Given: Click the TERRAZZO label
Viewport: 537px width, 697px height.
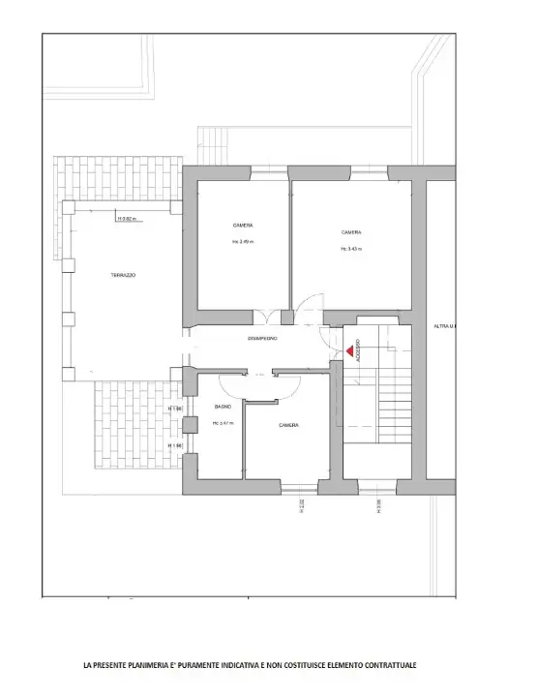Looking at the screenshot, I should click(x=123, y=276).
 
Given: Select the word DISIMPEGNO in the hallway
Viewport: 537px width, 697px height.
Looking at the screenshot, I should click(x=263, y=338).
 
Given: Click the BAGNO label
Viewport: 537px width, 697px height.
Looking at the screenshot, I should click(x=223, y=409).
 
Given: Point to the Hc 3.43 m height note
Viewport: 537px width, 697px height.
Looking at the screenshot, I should click(x=351, y=249).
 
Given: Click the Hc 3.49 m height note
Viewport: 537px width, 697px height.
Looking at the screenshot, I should click(x=243, y=241).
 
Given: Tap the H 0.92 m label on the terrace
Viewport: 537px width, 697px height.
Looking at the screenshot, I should click(x=128, y=219).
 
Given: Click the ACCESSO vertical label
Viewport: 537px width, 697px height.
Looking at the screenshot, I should click(x=357, y=350).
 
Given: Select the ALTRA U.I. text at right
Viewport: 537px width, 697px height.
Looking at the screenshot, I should click(x=446, y=326).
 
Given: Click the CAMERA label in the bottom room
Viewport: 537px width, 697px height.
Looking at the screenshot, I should click(x=288, y=426).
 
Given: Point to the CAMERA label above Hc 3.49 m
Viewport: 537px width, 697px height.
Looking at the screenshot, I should click(x=243, y=226).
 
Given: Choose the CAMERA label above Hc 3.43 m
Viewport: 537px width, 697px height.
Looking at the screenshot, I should click(x=351, y=232).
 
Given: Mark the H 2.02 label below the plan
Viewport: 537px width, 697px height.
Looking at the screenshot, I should click(x=302, y=504).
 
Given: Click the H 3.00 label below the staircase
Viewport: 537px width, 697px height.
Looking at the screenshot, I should click(x=378, y=504).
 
